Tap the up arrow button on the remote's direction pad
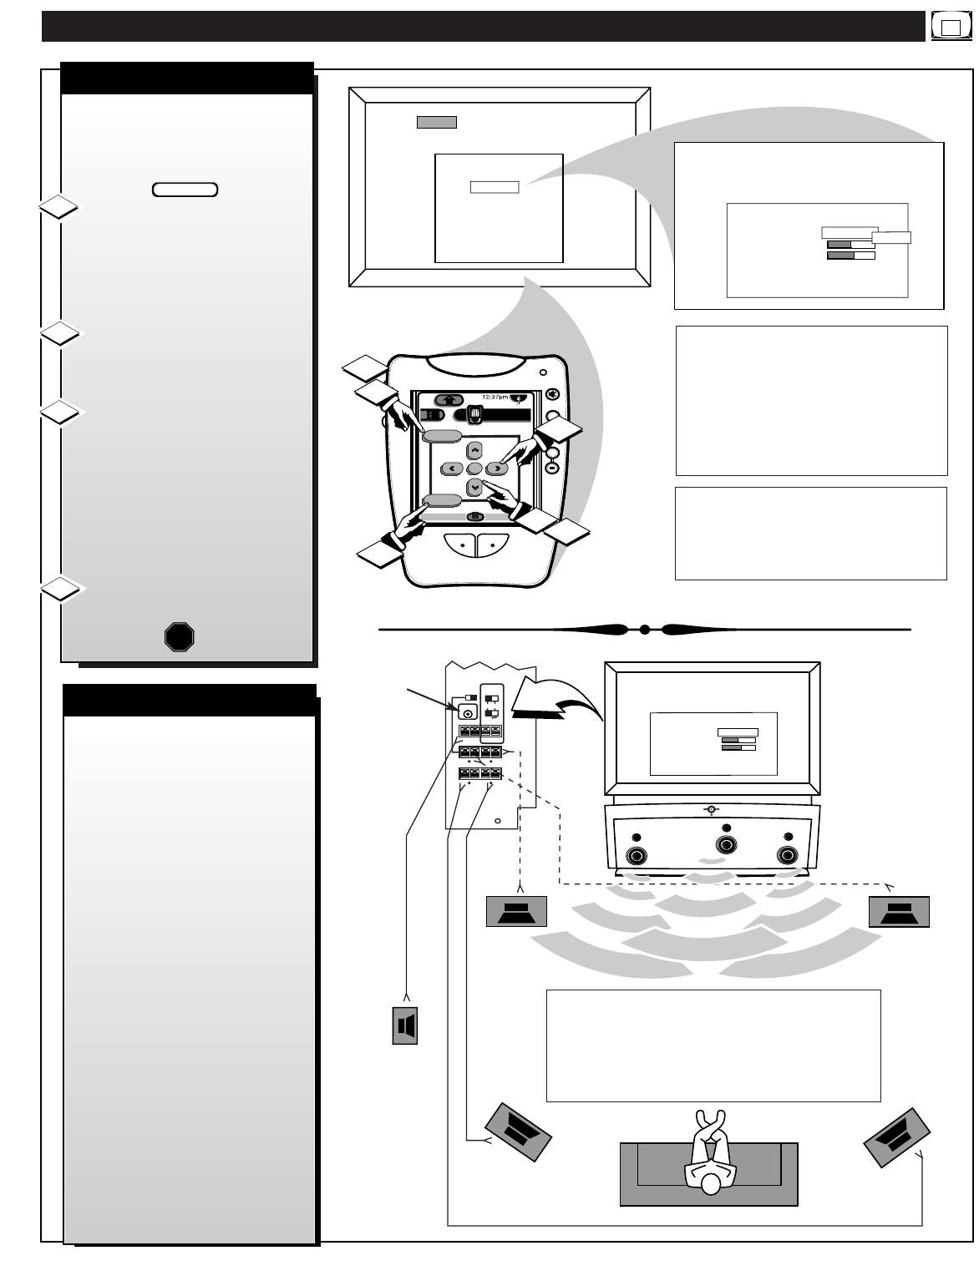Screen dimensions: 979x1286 [474, 449]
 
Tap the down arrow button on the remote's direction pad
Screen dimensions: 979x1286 [474, 487]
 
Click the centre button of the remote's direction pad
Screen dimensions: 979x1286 [474, 468]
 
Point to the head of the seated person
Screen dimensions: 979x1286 [710, 1185]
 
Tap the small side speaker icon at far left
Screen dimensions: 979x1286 [405, 1026]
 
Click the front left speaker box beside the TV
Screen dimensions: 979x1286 [516, 911]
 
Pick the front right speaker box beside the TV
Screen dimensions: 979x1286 [899, 911]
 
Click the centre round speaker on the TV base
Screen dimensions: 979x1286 [725, 846]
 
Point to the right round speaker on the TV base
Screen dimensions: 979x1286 [787, 855]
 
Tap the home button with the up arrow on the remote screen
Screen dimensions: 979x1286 [449, 399]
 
